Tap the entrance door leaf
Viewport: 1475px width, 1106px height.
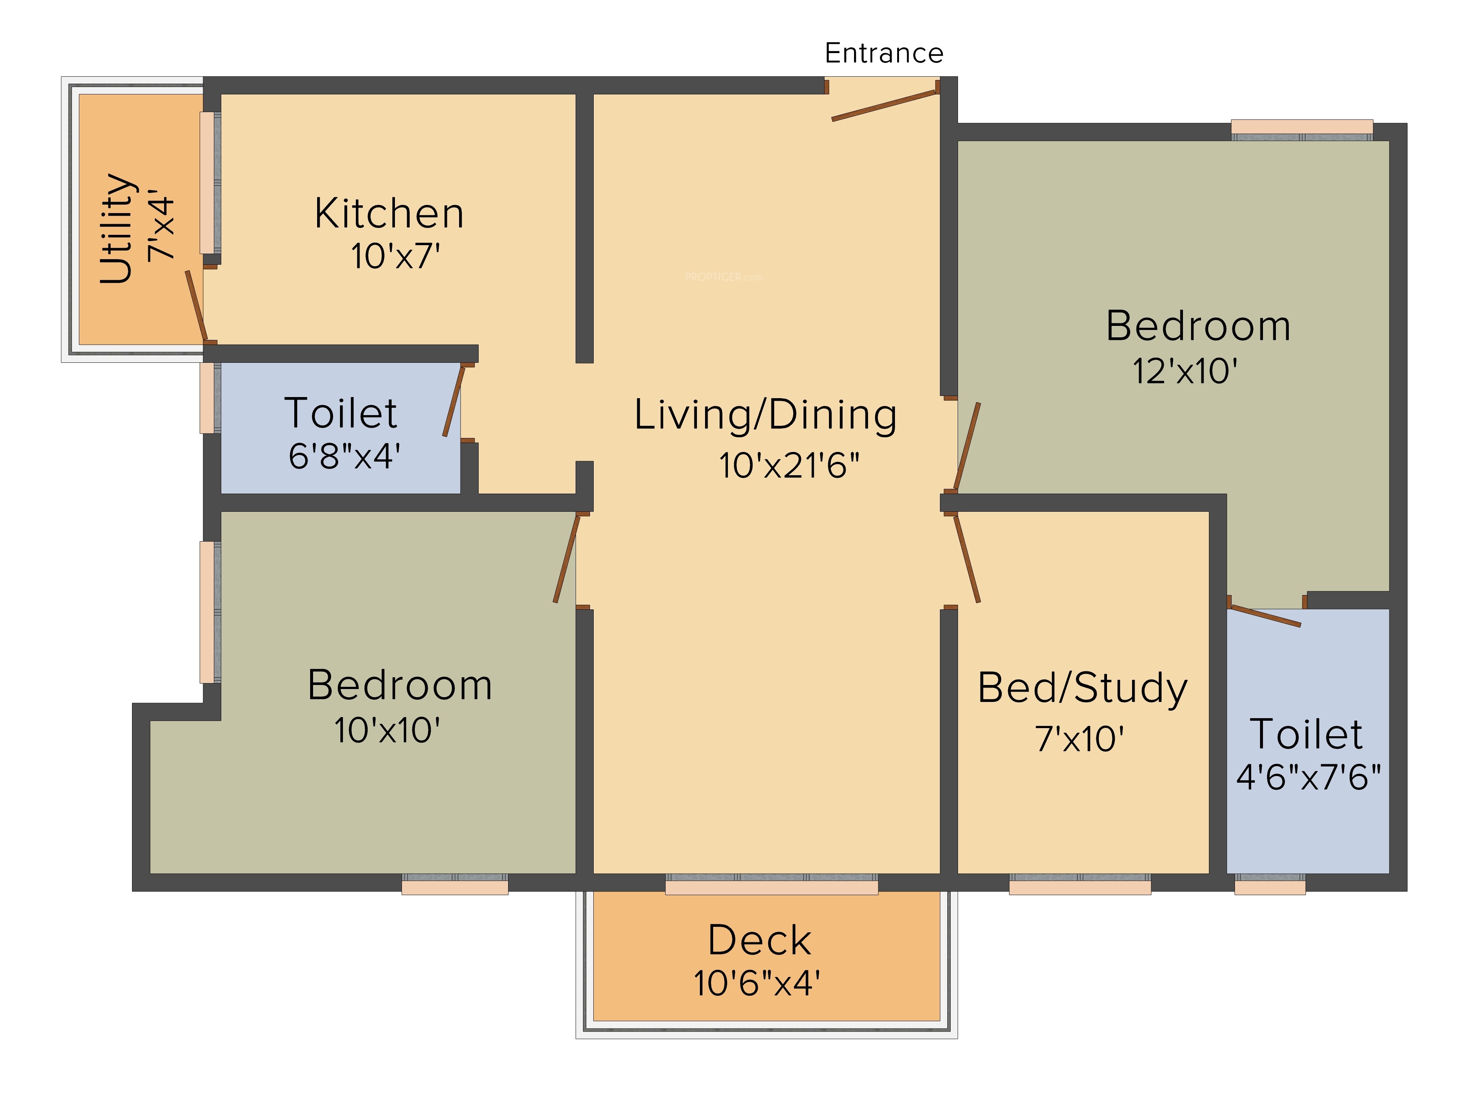884,105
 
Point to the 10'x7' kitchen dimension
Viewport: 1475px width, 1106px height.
395,256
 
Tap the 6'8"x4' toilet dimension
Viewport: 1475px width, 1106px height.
344,457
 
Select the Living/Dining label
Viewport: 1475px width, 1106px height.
766,415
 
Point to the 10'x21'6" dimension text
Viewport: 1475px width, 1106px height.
789,465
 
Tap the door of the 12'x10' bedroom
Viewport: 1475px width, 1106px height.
967,446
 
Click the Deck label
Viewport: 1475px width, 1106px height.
760,941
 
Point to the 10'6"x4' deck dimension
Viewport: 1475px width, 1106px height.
757,983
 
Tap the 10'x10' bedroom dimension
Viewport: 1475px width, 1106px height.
387,731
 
